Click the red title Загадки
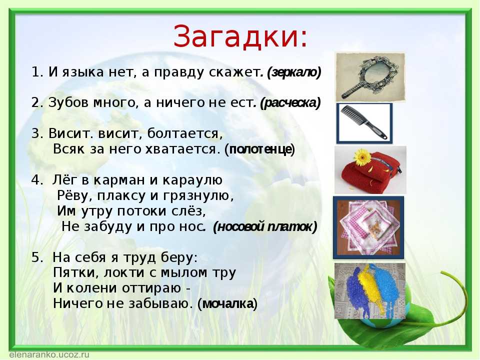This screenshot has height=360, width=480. tap(240, 36)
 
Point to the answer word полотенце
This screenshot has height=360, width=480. tap(260, 149)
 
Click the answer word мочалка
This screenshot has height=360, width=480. tap(228, 303)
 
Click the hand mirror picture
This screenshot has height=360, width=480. tap(370, 77)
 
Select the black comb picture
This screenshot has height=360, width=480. tap(364, 123)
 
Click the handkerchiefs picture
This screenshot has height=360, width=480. tap(368, 227)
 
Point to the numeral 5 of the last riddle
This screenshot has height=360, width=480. tap(36, 257)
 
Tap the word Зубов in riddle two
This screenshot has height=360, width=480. tap(68, 102)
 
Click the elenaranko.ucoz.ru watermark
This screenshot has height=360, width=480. tap(49, 355)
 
